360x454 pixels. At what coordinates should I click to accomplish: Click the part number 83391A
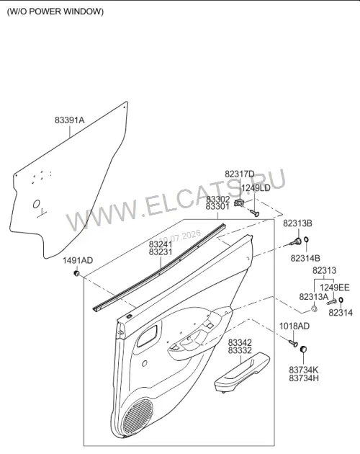pyautogui.click(x=69, y=120)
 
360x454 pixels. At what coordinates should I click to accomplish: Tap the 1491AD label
pyautogui.click(x=78, y=261)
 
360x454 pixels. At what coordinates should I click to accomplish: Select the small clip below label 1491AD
pyautogui.click(x=77, y=273)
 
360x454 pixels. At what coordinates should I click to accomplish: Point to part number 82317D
pyautogui.click(x=240, y=174)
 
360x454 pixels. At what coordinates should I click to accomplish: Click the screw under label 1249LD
pyautogui.click(x=255, y=213)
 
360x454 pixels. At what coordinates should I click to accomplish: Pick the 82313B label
pyautogui.click(x=297, y=223)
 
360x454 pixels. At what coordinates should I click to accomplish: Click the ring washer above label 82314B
pyautogui.click(x=307, y=240)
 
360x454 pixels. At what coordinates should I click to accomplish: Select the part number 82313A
pyautogui.click(x=314, y=297)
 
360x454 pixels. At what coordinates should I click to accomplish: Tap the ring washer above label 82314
pyautogui.click(x=341, y=300)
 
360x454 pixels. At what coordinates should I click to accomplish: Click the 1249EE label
pyautogui.click(x=335, y=288)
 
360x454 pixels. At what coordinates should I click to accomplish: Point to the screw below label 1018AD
pyautogui.click(x=293, y=343)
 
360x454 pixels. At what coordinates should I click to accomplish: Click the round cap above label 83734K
pyautogui.click(x=303, y=349)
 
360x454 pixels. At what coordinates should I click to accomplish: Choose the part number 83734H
pyautogui.click(x=304, y=378)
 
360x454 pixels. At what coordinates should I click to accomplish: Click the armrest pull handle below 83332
pyautogui.click(x=241, y=373)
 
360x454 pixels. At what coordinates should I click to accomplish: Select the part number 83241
pyautogui.click(x=161, y=244)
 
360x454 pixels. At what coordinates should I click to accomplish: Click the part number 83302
pyautogui.click(x=217, y=199)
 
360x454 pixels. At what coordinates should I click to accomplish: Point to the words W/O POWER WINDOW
pyautogui.click(x=55, y=12)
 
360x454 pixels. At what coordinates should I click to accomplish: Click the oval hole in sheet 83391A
pyautogui.click(x=36, y=204)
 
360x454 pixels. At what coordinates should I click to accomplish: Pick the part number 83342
pyautogui.click(x=240, y=342)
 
